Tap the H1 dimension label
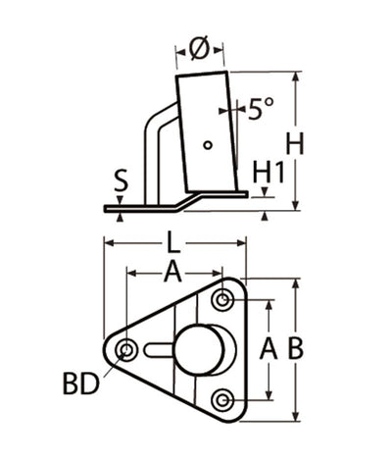click(268, 173)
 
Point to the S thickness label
click(120, 179)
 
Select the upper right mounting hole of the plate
click(224, 299)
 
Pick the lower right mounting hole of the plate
click(223, 399)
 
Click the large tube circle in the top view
click(200, 349)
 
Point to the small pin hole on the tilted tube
click(207, 145)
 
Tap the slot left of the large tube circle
click(157, 349)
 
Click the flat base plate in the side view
click(147, 207)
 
